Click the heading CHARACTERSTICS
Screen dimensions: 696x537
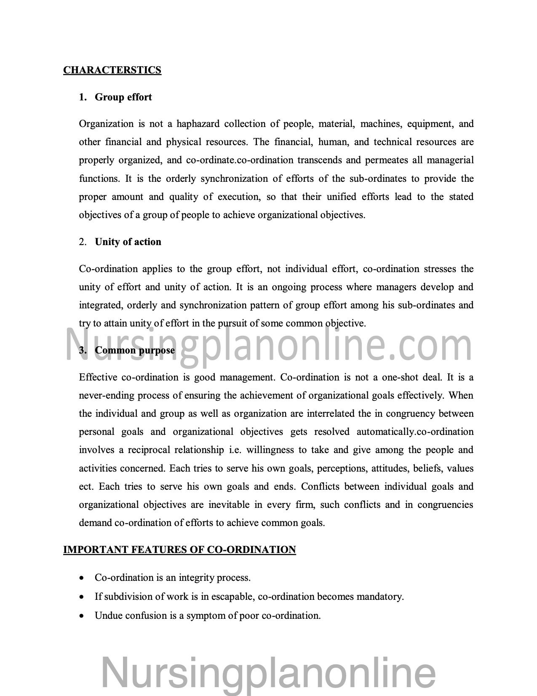(x=112, y=70)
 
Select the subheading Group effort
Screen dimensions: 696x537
(x=123, y=97)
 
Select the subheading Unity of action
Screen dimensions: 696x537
(x=128, y=242)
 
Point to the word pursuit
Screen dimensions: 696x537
(x=232, y=324)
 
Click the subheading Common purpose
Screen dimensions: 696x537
(x=135, y=351)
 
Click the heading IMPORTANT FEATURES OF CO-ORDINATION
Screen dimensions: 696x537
(x=179, y=550)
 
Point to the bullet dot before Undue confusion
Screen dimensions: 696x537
(x=82, y=616)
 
